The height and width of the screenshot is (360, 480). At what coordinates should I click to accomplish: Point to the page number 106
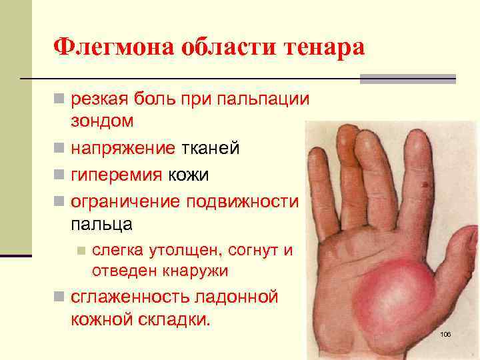click(x=445, y=333)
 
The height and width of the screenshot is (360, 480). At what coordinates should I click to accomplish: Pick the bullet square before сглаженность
click(x=59, y=297)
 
